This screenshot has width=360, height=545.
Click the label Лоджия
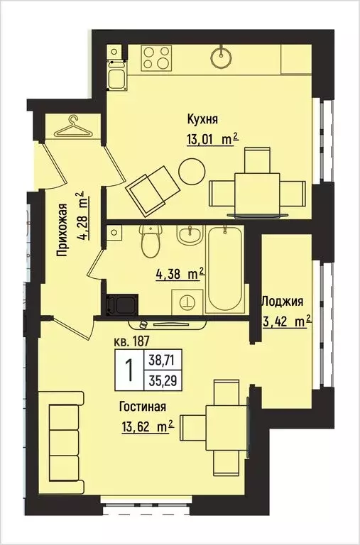283,300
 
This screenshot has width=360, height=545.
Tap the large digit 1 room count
130,370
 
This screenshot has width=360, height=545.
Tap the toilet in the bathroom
149,241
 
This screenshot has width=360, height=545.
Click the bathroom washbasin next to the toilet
188,235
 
